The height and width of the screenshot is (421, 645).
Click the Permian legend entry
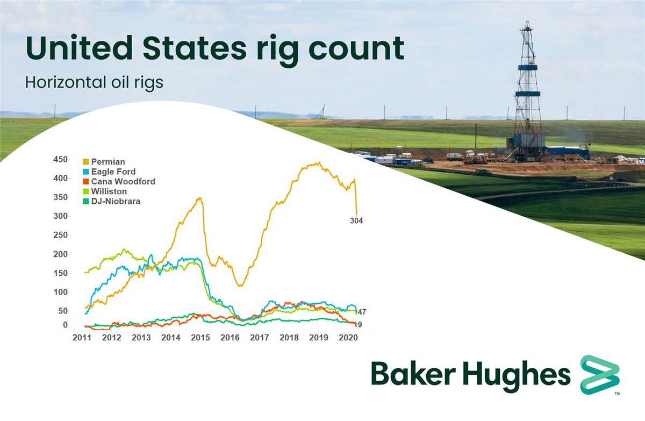pos(108,161)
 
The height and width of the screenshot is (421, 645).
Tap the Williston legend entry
pos(109,191)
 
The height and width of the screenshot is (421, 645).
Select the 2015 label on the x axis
pos(200,338)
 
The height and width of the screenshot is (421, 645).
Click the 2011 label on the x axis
pos(82,338)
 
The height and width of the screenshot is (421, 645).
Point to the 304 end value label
pos(356,220)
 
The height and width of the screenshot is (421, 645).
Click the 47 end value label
pos(362,312)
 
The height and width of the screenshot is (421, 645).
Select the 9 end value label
pos(359,324)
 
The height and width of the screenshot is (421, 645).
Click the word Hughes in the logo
pos(518,375)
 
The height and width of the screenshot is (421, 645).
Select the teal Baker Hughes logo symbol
pos(599,375)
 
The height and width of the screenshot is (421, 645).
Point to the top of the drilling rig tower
pos(528,24)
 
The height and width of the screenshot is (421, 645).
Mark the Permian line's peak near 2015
pos(199,198)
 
